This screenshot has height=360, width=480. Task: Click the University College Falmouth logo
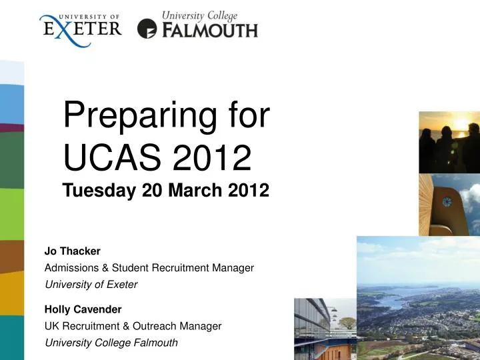[x=198, y=25]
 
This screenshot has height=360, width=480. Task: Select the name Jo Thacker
[x=72, y=251]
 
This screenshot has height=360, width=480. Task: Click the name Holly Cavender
[x=83, y=309]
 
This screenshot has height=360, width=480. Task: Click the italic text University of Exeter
[x=91, y=285]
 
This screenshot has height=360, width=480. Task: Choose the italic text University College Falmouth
[x=111, y=343]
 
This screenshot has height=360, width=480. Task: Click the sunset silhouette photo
[x=449, y=141]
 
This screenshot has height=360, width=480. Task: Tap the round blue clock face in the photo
[x=445, y=201]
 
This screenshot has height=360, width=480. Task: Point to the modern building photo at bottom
[x=325, y=330]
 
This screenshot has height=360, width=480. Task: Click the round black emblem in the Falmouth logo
[x=147, y=29]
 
